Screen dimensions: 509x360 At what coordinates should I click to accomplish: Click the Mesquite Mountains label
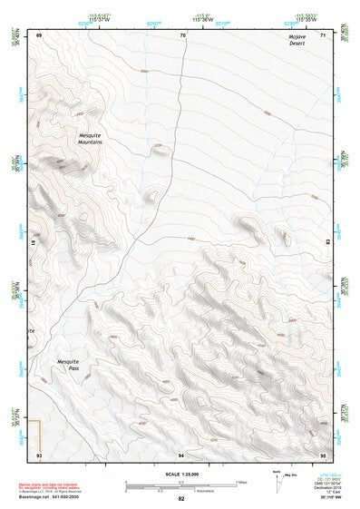[x=90, y=139]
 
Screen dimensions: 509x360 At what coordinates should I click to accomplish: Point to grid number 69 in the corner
[x=39, y=34]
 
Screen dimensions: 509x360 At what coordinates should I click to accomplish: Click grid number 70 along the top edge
[x=182, y=34]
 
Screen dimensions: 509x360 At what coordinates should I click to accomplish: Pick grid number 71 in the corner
[x=324, y=34]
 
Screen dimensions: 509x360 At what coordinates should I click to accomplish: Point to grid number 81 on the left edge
[x=35, y=243]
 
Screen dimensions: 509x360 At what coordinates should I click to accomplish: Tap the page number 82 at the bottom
[x=181, y=499]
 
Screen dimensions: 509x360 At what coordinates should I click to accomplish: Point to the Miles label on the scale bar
[x=241, y=482]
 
